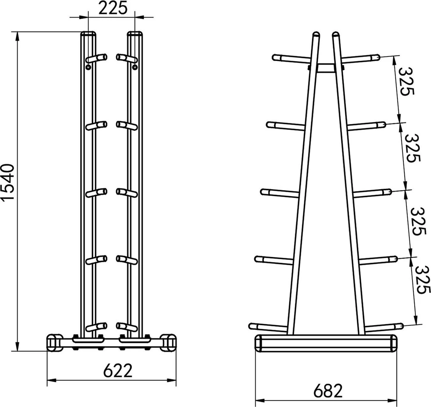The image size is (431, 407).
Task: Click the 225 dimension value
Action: point(113,9)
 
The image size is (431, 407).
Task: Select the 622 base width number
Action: point(118,370)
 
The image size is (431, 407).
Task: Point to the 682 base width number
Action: point(328,391)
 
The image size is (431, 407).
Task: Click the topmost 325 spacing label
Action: point(406,81)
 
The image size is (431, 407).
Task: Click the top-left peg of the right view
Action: point(292,59)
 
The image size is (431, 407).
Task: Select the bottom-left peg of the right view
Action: point(268,327)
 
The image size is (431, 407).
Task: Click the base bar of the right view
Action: point(326,343)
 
